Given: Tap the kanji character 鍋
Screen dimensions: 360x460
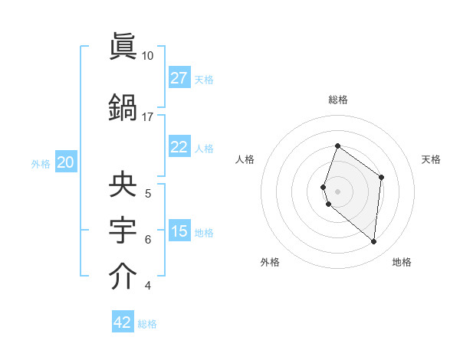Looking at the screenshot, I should pyautogui.click(x=123, y=108).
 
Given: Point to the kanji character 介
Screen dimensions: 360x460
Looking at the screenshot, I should pyautogui.click(x=123, y=277).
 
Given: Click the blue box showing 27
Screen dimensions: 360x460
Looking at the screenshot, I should pyautogui.click(x=179, y=78).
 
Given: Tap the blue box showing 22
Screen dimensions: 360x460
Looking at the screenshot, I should pyautogui.click(x=179, y=147).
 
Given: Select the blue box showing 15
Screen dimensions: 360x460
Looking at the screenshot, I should pyautogui.click(x=179, y=231).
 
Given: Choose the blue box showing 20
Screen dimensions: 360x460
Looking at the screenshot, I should pyautogui.click(x=66, y=162).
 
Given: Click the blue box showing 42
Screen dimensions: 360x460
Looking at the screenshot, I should pyautogui.click(x=123, y=322).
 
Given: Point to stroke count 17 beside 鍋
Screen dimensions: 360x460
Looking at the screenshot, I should pyautogui.click(x=148, y=117).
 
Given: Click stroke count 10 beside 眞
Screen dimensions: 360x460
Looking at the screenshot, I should pyautogui.click(x=148, y=56).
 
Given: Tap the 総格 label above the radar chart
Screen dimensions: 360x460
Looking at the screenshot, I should pyautogui.click(x=338, y=100).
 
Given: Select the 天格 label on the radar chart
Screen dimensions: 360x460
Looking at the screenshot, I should pyautogui.click(x=431, y=159).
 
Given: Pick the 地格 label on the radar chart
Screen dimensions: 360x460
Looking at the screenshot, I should pyautogui.click(x=402, y=262).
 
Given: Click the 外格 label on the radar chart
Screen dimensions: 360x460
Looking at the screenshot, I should pyautogui.click(x=270, y=262).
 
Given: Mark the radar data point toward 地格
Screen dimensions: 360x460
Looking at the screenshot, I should pyautogui.click(x=374, y=241).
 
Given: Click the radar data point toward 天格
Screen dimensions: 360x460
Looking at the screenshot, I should pyautogui.click(x=381, y=177).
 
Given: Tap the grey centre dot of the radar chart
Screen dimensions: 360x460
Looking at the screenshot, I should pyautogui.click(x=338, y=191).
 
